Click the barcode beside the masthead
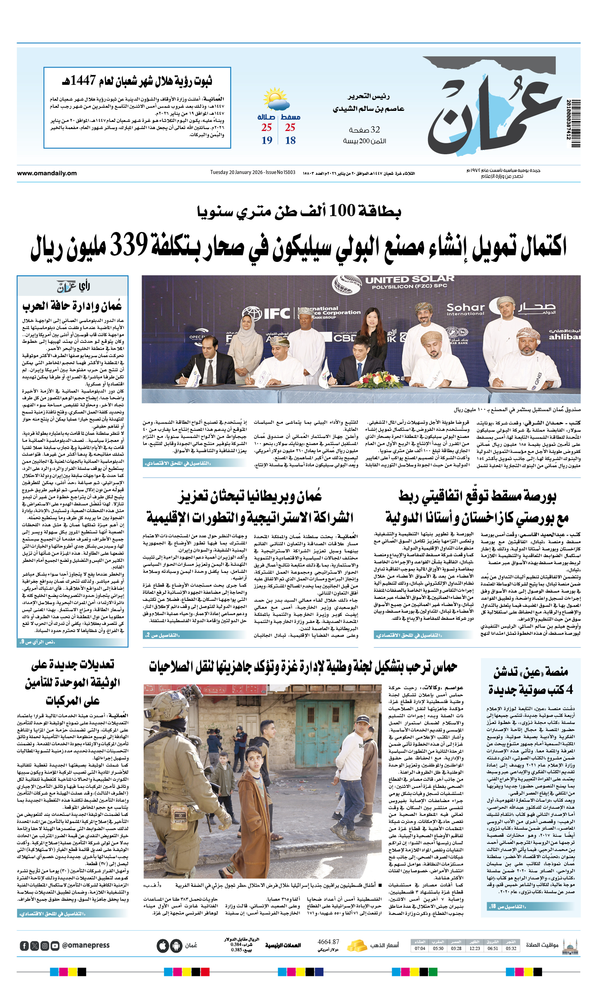click(x=575, y=123)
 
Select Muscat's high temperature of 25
click(x=290, y=127)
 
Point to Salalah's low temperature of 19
click(x=267, y=140)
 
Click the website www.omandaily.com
click(x=47, y=173)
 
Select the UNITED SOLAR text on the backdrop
click(x=409, y=280)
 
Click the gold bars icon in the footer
click(x=357, y=946)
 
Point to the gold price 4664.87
click(x=328, y=942)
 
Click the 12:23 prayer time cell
click(x=475, y=948)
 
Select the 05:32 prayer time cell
click(x=511, y=948)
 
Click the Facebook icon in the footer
click(x=24, y=946)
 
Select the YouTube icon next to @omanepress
click(x=55, y=946)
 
